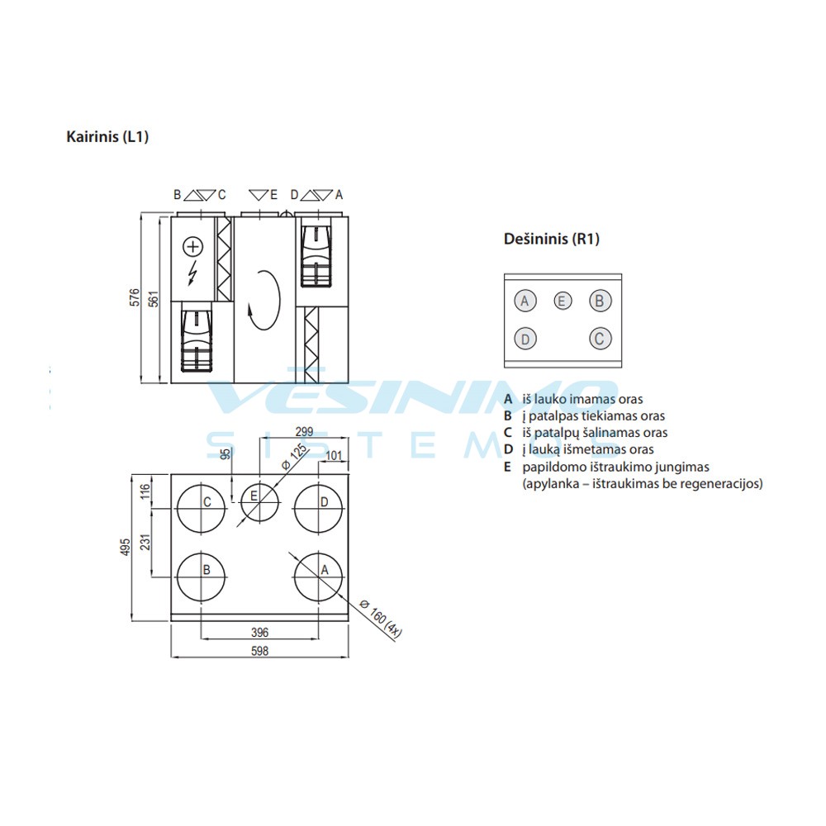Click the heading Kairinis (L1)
coord(107,137)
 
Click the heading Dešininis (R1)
coord(551,240)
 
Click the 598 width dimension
coord(259,651)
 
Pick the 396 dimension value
coord(259,632)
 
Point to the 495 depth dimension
coord(126,548)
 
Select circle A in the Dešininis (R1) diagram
coord(525,301)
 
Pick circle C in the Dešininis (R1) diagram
coord(601,338)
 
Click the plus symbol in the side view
coord(192,246)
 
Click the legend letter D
coord(509,449)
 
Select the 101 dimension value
coord(334,456)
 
